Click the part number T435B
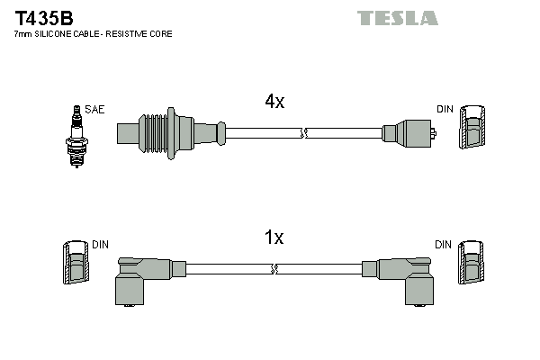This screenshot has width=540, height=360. [44, 16]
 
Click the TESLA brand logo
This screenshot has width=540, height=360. [397, 18]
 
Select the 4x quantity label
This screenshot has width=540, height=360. [274, 103]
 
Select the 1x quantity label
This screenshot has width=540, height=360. [274, 238]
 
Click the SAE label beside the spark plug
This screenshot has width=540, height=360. [95, 109]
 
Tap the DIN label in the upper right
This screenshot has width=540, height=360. [445, 109]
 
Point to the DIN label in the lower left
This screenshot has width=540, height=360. [100, 244]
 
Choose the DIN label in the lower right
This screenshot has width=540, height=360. [443, 244]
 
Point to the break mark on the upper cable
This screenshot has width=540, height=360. [303, 133]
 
